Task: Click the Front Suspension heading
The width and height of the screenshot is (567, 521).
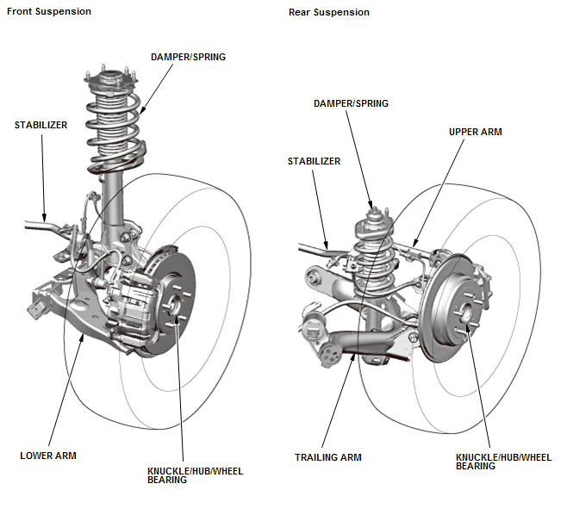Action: [x=49, y=11]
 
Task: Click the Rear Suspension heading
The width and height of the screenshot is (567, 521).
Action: [x=328, y=12]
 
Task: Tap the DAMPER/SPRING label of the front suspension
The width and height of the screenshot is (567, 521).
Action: [x=188, y=57]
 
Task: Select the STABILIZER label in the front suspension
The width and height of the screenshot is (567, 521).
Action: [x=40, y=125]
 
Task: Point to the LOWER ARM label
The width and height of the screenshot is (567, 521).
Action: [x=48, y=456]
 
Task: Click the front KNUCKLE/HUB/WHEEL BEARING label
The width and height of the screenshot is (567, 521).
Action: [x=196, y=475]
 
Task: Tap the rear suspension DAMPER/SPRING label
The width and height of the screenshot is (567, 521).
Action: [x=351, y=103]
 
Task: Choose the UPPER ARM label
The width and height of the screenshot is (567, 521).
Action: [x=475, y=132]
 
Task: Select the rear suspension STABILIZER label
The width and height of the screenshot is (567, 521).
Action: [x=314, y=161]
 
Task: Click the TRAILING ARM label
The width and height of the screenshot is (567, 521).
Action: [x=328, y=457]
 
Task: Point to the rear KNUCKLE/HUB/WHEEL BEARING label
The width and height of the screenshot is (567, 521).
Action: [x=504, y=462]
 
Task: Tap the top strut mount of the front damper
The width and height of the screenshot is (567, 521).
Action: [x=110, y=80]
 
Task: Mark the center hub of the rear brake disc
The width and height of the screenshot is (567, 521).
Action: [x=466, y=312]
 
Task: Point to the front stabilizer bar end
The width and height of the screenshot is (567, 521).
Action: [x=27, y=225]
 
